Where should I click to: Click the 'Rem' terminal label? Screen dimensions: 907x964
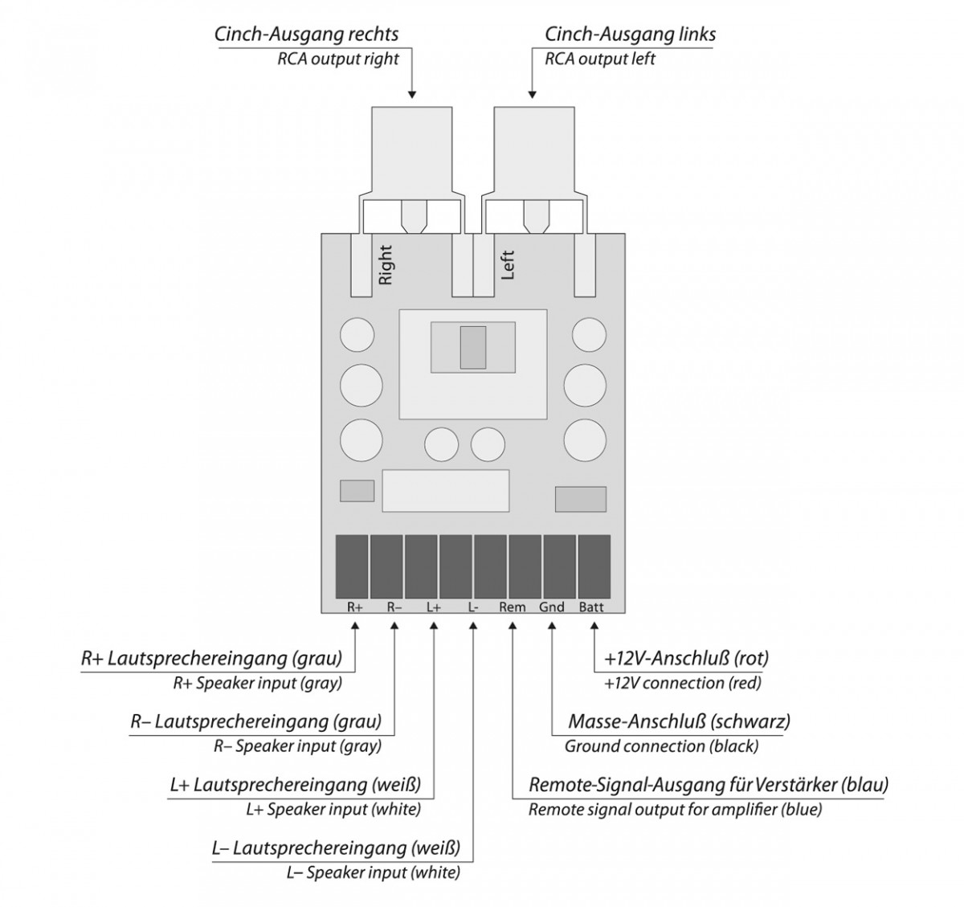(x=512, y=607)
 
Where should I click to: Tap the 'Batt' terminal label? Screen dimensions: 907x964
(x=591, y=607)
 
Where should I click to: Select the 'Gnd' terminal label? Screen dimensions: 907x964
(x=552, y=607)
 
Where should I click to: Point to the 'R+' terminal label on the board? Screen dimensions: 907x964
(x=355, y=607)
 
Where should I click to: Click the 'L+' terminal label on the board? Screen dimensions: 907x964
(x=434, y=607)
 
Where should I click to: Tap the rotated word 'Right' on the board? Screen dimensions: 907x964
(x=386, y=265)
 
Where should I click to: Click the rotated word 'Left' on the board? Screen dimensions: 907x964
(x=508, y=265)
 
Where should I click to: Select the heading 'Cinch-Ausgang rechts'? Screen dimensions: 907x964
(x=306, y=35)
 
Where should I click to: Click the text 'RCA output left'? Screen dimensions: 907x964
(x=600, y=59)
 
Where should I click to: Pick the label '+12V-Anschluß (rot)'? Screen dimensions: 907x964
(x=686, y=659)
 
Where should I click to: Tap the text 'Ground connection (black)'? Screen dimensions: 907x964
(x=661, y=746)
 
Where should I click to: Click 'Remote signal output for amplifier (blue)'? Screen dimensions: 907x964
(x=675, y=809)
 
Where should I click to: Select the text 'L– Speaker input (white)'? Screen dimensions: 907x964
(x=373, y=872)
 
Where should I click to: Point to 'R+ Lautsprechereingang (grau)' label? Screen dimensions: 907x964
(x=211, y=659)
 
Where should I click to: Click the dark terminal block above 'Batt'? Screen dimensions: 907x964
(x=594, y=566)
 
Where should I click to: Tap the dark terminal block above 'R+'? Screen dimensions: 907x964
(x=351, y=566)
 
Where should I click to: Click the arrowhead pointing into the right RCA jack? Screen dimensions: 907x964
(x=413, y=93)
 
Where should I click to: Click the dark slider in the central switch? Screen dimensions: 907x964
(x=473, y=348)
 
